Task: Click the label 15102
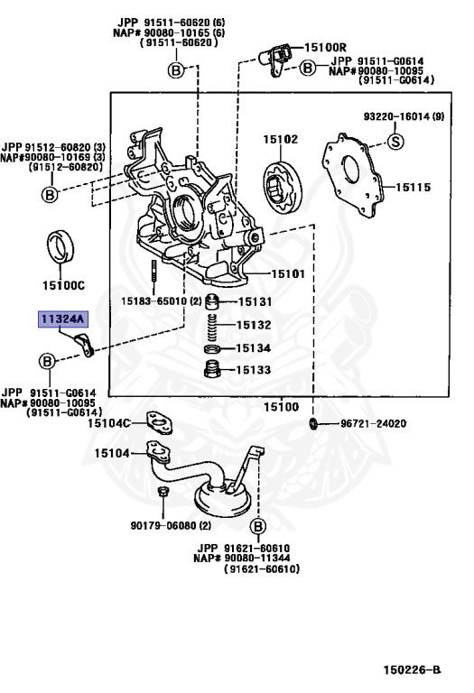click(280, 140)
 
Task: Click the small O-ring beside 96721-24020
click(312, 423)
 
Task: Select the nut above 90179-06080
click(163, 493)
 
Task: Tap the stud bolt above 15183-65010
click(155, 270)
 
